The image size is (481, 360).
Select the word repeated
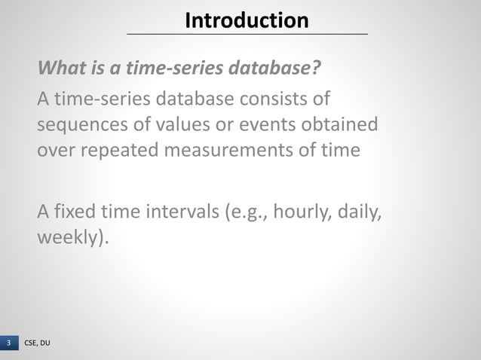[121, 149]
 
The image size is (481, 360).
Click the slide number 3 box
[9, 343]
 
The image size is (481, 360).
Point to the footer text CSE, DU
[38, 343]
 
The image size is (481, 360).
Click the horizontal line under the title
[247, 34]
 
